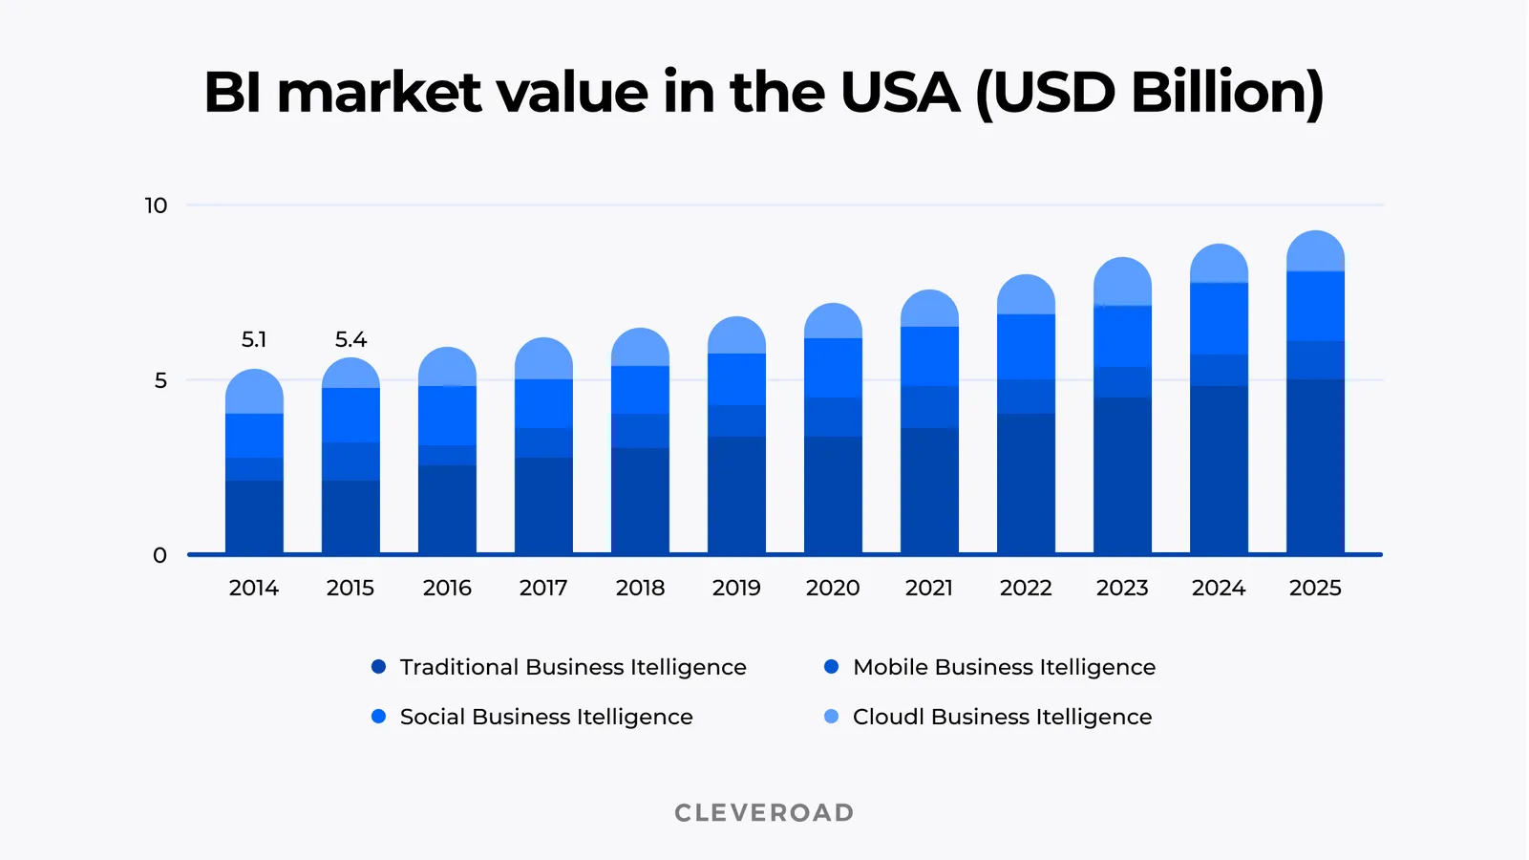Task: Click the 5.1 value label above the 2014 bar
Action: coord(253,339)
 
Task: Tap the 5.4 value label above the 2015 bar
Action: coord(350,339)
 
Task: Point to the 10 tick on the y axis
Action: coord(156,205)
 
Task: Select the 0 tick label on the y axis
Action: coord(159,555)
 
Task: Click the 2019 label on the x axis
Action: coord(736,588)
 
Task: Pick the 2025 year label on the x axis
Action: coord(1315,588)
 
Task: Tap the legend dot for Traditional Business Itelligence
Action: coord(378,667)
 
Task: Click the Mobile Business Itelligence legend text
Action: coord(1004,667)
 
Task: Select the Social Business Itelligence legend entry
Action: coord(545,717)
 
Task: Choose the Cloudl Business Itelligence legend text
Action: coord(1002,717)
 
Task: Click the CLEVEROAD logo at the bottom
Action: coord(764,813)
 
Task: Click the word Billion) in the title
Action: coord(1226,93)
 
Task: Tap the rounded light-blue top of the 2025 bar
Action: coord(1315,252)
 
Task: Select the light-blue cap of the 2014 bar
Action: coord(254,392)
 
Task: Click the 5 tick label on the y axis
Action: coord(160,380)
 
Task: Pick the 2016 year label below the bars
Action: coord(447,588)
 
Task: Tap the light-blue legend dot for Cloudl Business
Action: coord(831,717)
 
